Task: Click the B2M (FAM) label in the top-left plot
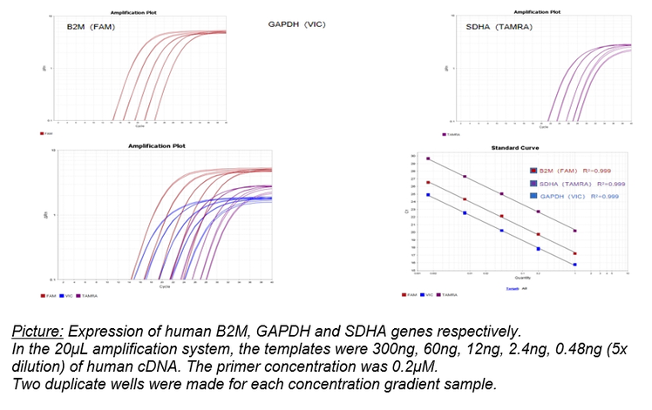coord(91,27)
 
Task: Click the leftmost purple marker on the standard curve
coord(428,159)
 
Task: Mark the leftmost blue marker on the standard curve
coord(428,195)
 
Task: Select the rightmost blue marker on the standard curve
coord(575,264)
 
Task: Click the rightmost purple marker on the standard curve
coord(575,231)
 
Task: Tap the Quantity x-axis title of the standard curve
coord(498,278)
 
